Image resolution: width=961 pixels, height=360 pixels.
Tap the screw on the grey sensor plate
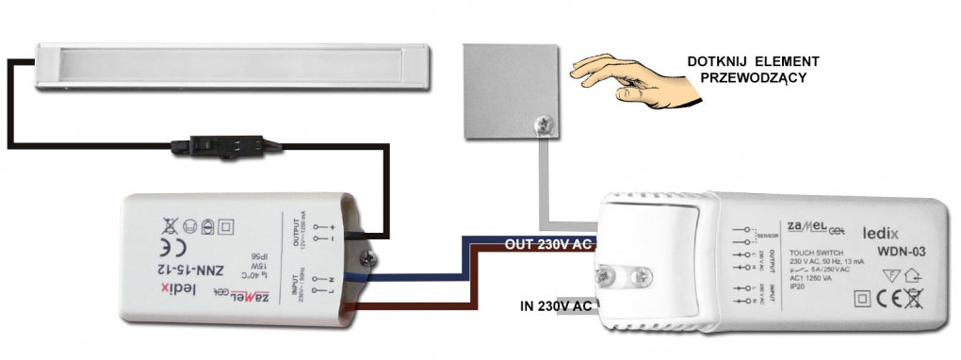point(542,122)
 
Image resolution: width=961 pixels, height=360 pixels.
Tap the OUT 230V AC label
point(549,244)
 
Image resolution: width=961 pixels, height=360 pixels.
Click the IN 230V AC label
point(556,305)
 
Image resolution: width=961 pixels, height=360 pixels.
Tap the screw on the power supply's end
point(375,253)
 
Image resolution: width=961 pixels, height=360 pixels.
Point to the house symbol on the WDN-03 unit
point(914,276)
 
